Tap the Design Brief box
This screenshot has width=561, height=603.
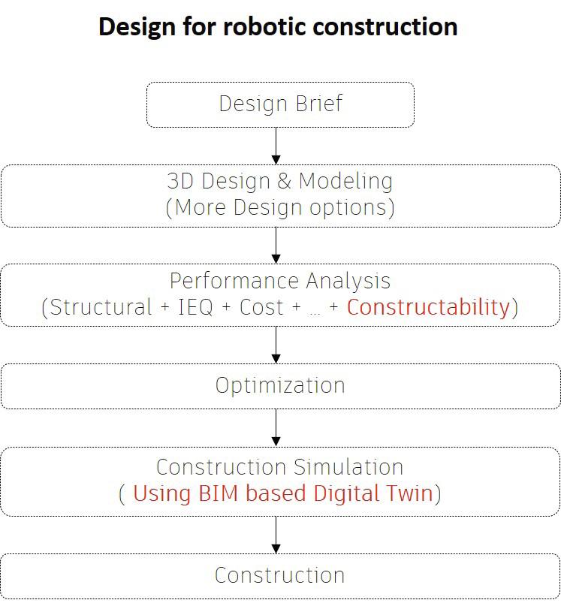(280, 104)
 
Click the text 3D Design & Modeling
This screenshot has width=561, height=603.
(280, 181)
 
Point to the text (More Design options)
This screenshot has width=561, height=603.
(280, 208)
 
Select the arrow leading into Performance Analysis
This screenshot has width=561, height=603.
(276, 246)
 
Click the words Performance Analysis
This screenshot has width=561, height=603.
(280, 281)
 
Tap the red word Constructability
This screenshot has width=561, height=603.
(428, 307)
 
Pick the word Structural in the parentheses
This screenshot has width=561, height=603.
(101, 307)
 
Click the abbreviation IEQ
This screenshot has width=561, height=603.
(195, 307)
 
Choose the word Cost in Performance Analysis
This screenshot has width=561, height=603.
(261, 307)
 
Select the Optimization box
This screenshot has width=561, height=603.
(280, 386)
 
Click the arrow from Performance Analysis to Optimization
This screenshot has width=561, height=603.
(276, 345)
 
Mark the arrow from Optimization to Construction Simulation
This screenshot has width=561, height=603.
(276, 428)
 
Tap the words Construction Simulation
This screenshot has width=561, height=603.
(280, 467)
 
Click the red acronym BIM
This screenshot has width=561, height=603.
(219, 493)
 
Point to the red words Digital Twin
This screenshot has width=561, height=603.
(373, 493)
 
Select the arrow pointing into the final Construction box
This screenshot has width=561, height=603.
(276, 535)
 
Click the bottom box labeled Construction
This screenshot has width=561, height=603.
(280, 576)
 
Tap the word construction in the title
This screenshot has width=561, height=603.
(385, 27)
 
